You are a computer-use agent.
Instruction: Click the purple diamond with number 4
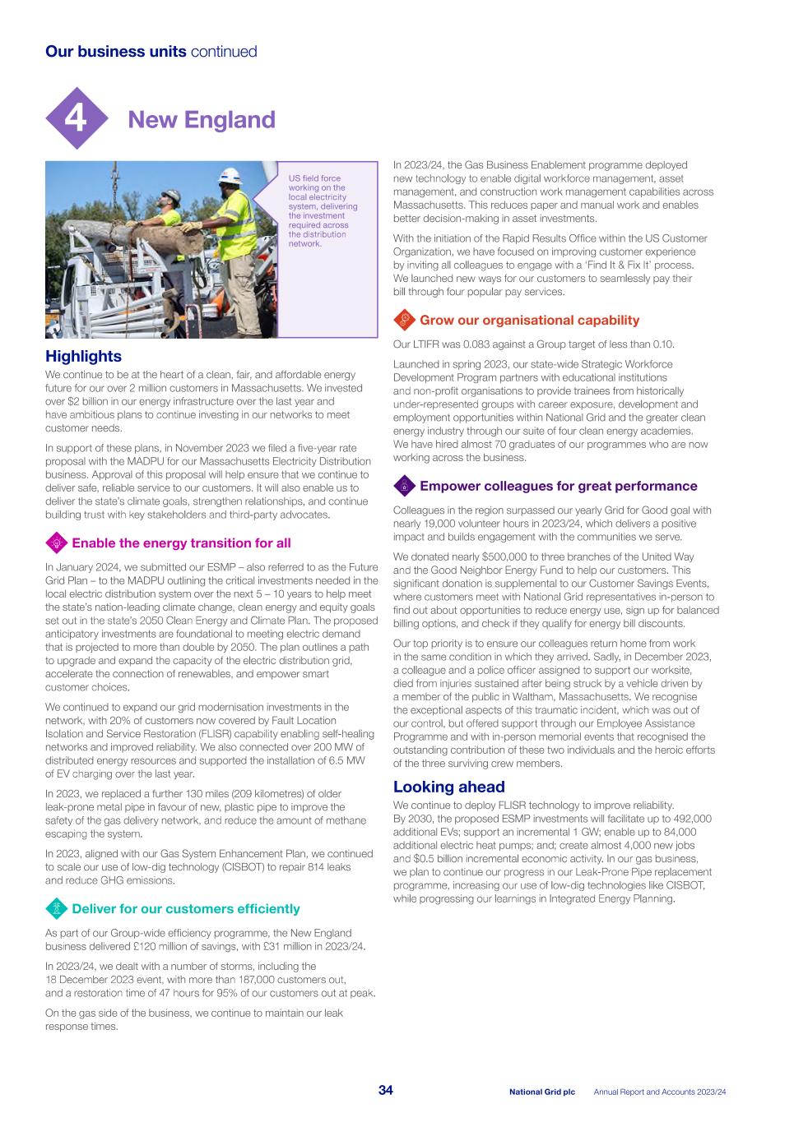[x=76, y=119]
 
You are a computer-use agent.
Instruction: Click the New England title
[x=202, y=119]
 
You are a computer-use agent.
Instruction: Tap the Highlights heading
[x=83, y=356]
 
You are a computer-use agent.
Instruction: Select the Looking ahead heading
[x=448, y=787]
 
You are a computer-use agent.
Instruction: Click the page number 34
[x=385, y=1090]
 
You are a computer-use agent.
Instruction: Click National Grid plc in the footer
[x=541, y=1092]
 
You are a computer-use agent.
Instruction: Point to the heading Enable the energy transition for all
[x=181, y=543]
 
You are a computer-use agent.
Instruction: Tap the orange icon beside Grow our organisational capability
[x=404, y=320]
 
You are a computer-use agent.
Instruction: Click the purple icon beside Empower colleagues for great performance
[x=404, y=486]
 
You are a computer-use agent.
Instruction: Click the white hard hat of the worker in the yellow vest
[x=230, y=175]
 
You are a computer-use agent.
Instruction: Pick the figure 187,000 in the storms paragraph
[x=240, y=980]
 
